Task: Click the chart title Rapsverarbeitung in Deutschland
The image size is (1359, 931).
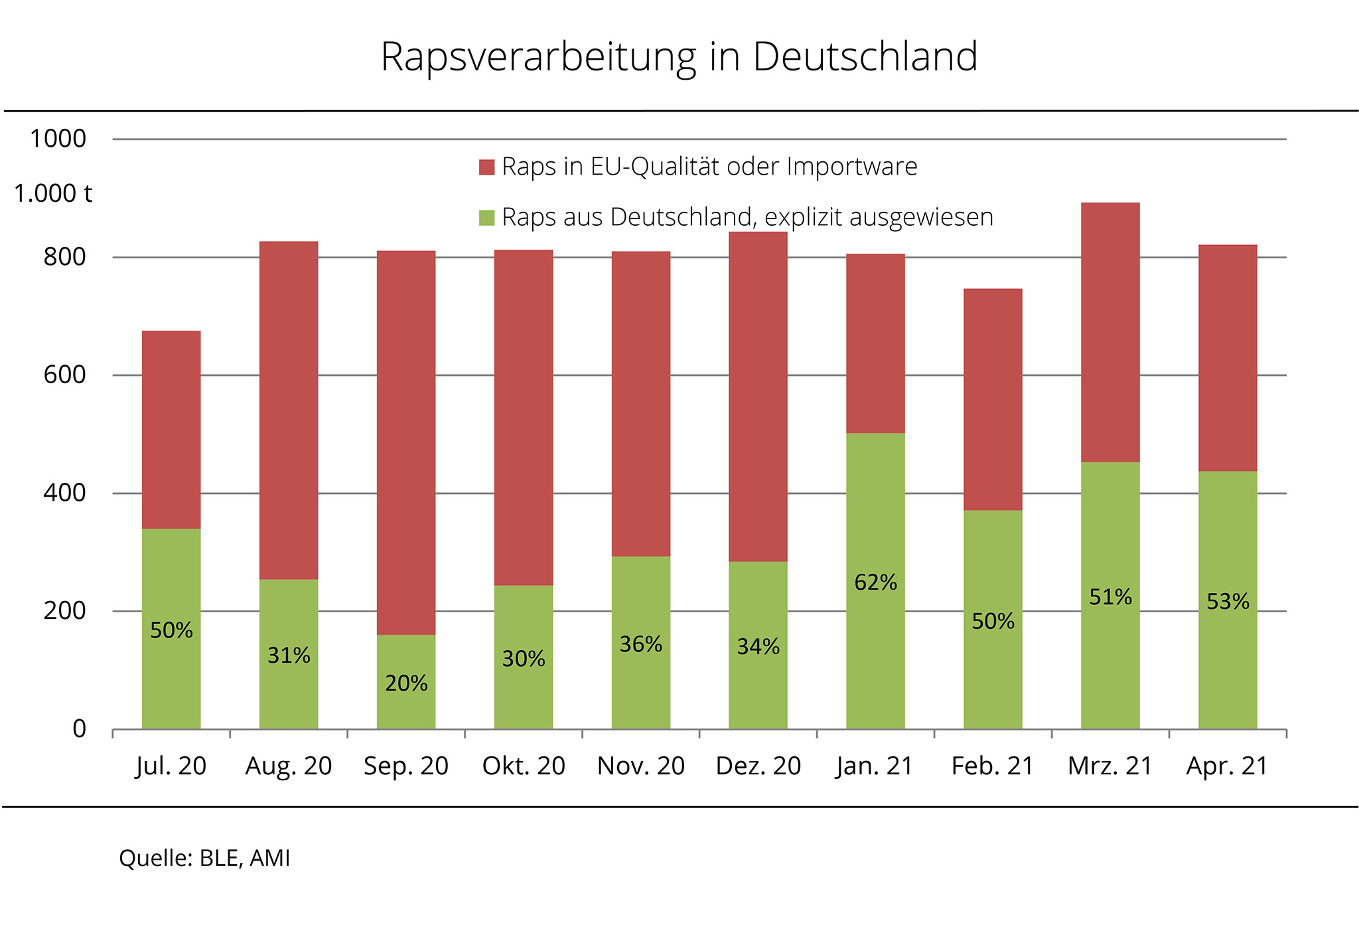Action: (x=679, y=56)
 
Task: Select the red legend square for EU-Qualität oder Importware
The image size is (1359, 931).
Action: (x=486, y=167)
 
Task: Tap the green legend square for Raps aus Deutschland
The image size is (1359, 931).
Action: (x=486, y=218)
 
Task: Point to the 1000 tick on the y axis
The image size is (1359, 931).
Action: (x=58, y=139)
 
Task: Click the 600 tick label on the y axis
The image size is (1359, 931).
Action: (x=65, y=375)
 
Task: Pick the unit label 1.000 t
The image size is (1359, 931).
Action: (x=53, y=193)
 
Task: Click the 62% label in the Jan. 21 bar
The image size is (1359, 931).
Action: (x=875, y=582)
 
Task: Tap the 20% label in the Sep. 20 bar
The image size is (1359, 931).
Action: (x=406, y=683)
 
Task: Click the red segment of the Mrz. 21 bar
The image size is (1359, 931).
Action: (x=1110, y=332)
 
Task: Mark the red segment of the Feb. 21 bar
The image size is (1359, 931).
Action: (x=993, y=399)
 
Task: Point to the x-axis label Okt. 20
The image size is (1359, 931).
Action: (x=524, y=766)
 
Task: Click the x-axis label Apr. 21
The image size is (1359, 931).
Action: (x=1227, y=766)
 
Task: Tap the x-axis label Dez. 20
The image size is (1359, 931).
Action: (x=758, y=766)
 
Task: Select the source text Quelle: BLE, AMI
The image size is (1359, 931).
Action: (x=204, y=858)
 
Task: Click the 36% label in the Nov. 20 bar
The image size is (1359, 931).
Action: (x=640, y=644)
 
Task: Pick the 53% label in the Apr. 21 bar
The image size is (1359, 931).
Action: (x=1228, y=602)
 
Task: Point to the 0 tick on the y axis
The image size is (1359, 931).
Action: (x=79, y=729)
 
